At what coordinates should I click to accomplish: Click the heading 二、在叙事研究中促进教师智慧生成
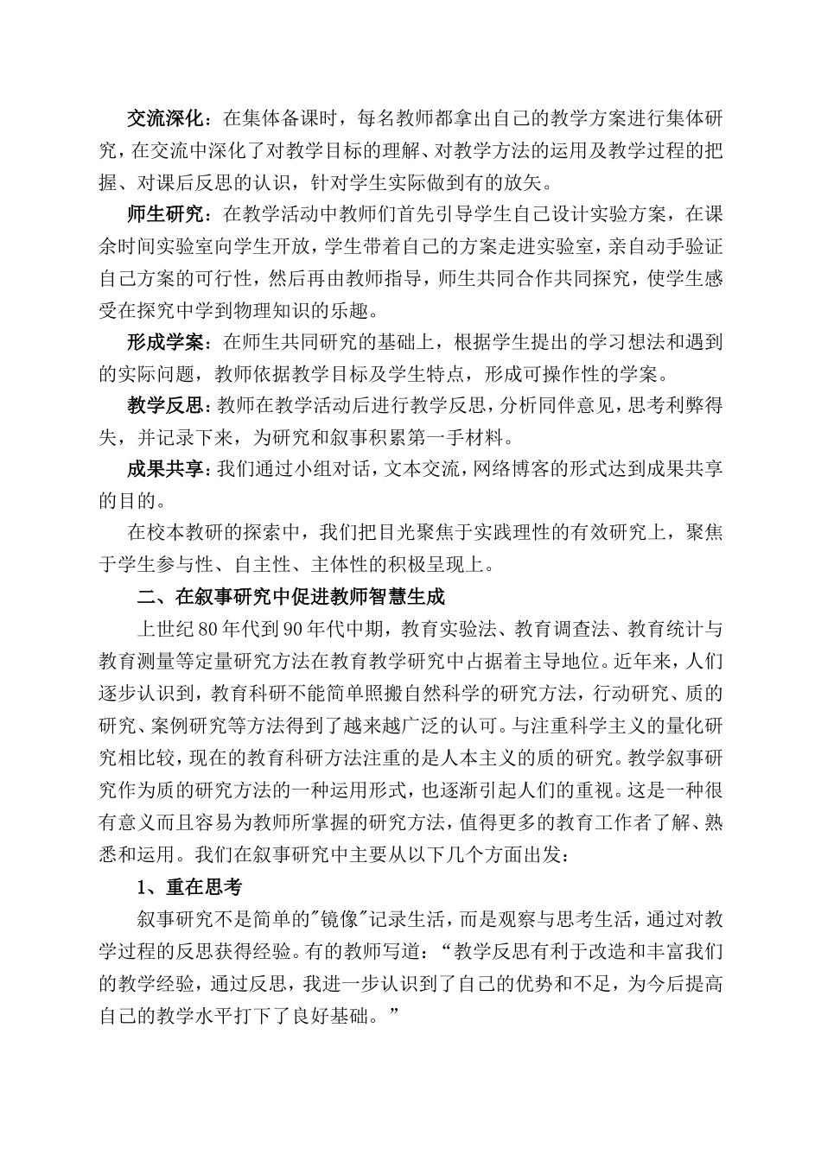pos(290,597)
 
